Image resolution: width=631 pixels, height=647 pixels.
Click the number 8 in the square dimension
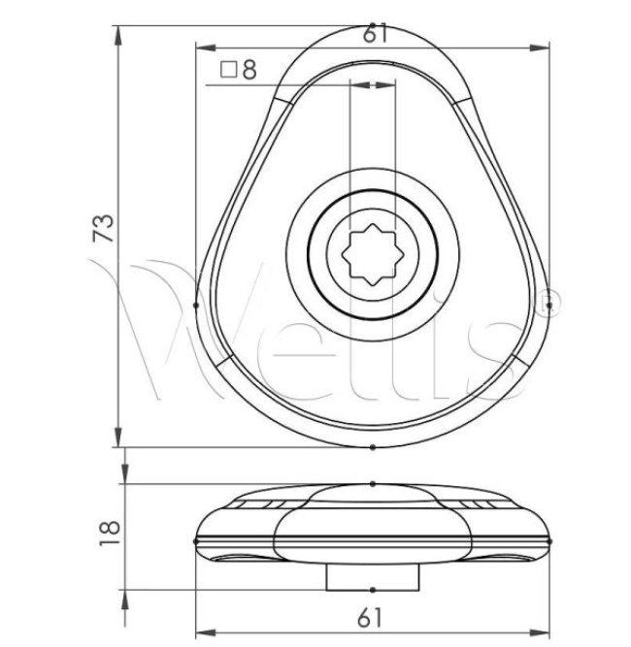click(x=250, y=70)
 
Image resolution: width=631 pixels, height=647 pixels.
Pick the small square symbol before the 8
click(x=229, y=70)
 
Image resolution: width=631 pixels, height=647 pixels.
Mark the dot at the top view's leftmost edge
click(x=197, y=306)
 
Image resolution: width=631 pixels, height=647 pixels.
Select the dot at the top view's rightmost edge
click(x=549, y=306)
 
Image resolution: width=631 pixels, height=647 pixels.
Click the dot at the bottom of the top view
click(x=374, y=447)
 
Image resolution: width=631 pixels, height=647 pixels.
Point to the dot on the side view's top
click(x=374, y=483)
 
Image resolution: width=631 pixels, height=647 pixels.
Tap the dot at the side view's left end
click(x=197, y=540)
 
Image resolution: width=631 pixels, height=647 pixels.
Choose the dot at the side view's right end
click(x=549, y=540)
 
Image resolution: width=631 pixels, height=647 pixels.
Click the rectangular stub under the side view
click(x=374, y=575)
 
